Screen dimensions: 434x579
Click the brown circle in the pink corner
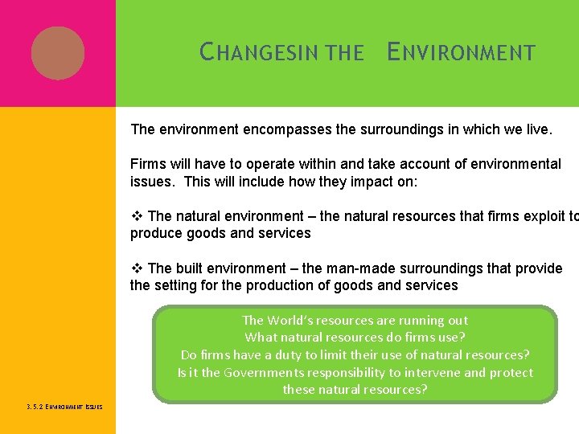(x=58, y=53)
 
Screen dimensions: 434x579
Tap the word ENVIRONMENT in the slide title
(x=461, y=54)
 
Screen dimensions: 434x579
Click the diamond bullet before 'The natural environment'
(x=137, y=216)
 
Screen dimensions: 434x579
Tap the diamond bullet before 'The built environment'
(x=137, y=268)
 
